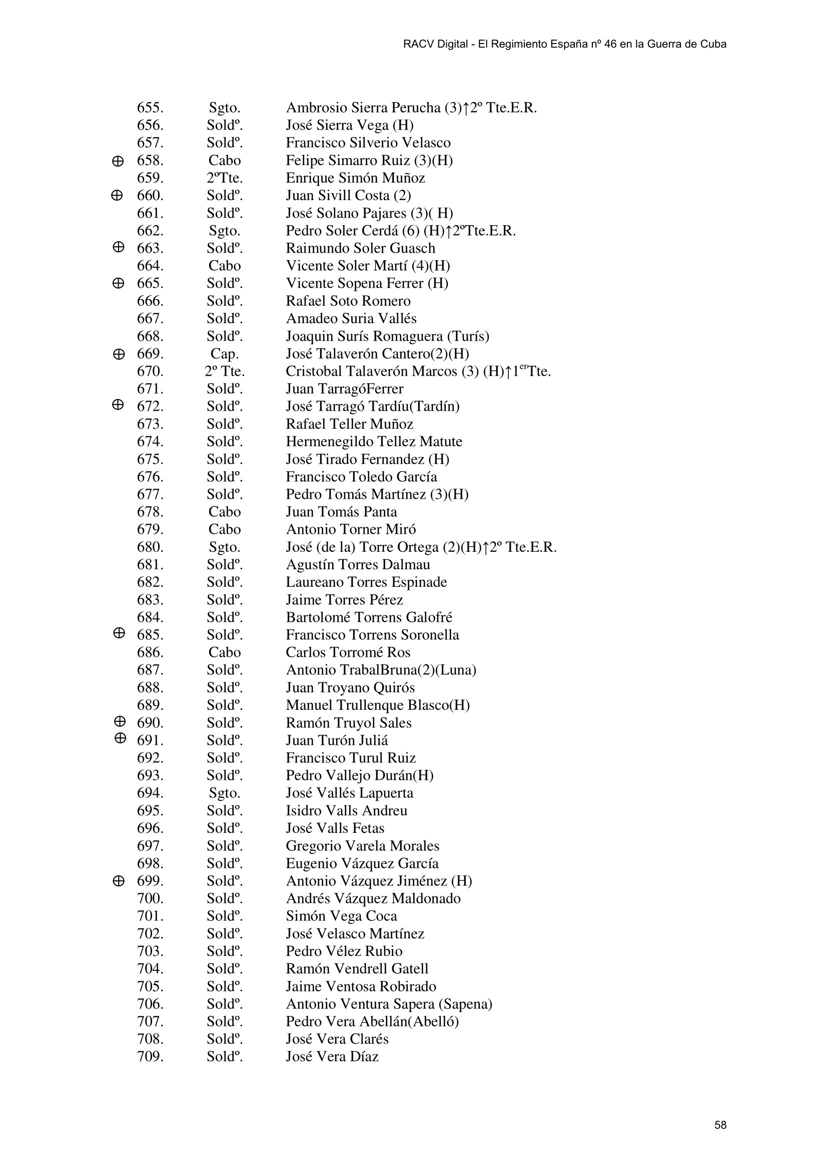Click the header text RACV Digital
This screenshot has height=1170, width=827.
point(435,45)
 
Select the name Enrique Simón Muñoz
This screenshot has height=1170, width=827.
point(355,178)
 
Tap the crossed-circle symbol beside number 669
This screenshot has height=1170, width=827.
point(118,354)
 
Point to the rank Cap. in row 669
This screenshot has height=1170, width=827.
point(224,354)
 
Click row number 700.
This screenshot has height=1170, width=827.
point(150,898)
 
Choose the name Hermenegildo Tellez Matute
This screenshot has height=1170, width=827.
point(374,441)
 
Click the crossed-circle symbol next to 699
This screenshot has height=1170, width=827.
point(118,880)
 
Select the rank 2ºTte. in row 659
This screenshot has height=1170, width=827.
point(224,178)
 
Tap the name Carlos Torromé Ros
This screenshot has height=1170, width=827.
point(348,652)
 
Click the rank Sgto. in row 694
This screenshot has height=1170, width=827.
point(224,793)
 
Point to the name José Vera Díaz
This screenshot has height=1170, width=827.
point(332,1056)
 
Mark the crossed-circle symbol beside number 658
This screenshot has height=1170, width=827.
point(117,161)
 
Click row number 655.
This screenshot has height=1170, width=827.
point(150,108)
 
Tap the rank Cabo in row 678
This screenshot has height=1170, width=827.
point(224,512)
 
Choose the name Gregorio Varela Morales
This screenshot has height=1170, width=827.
point(362,846)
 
